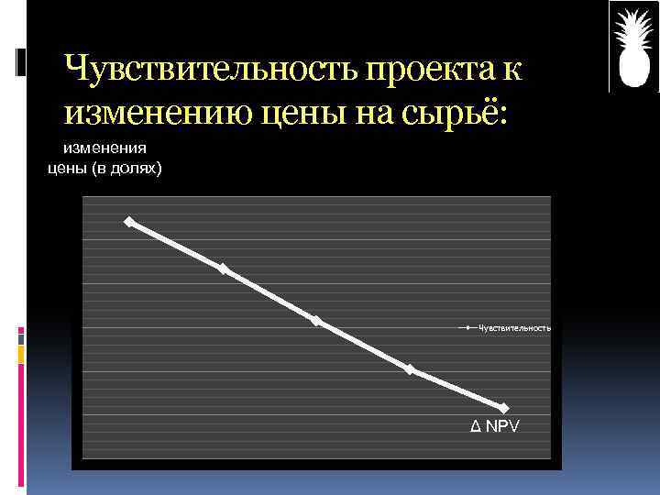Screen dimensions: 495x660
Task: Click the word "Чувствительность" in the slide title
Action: (x=212, y=69)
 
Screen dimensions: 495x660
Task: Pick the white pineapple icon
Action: (x=634, y=47)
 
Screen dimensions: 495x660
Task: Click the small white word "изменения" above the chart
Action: (x=104, y=147)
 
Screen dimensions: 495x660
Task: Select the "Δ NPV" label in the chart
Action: (x=493, y=426)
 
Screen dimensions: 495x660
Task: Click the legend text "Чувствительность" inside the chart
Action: (x=514, y=327)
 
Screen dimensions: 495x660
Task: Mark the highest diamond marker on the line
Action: (x=129, y=222)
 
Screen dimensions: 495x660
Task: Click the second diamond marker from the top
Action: (x=223, y=269)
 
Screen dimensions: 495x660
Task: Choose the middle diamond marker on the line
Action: (x=315, y=321)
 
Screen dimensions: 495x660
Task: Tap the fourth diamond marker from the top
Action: (x=410, y=369)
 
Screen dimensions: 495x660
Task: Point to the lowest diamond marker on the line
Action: (x=503, y=408)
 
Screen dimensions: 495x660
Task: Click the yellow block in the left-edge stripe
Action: (x=20, y=352)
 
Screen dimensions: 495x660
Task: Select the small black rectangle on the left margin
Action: (x=20, y=62)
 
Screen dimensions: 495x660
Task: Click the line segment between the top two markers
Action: (x=176, y=246)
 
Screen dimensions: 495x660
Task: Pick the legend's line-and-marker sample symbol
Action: (x=467, y=327)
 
